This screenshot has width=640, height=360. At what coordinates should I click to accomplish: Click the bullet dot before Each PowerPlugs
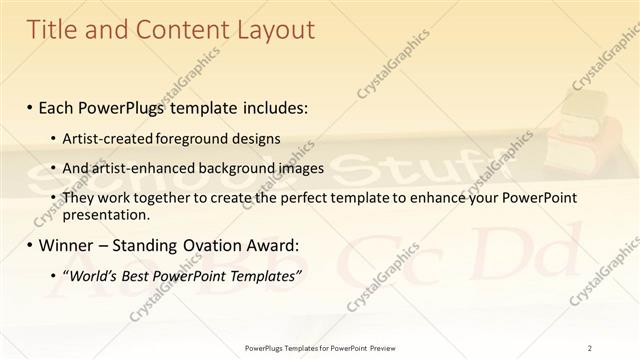[x=31, y=105]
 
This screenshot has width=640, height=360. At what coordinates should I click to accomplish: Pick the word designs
[x=256, y=139]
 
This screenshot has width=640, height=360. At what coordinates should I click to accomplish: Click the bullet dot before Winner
[x=31, y=245]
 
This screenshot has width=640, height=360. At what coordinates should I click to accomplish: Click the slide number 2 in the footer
[x=590, y=348]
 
